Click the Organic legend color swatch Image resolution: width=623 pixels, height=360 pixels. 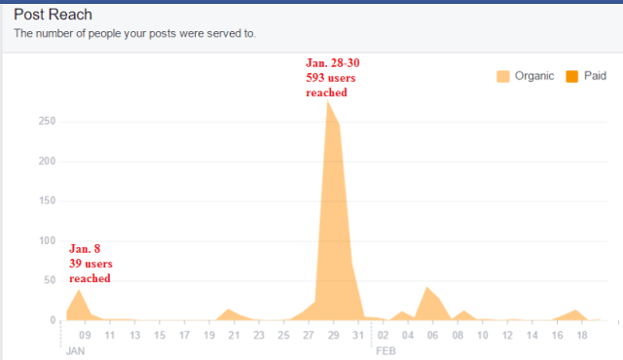(503, 77)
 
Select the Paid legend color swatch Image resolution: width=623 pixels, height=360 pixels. (571, 77)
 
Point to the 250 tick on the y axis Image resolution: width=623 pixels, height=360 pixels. (45, 122)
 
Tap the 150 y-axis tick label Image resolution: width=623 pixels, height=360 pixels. (45, 201)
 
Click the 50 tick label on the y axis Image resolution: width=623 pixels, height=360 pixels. (48, 281)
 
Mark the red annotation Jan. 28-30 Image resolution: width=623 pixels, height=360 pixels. (333, 63)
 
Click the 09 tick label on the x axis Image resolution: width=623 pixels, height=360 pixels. (85, 336)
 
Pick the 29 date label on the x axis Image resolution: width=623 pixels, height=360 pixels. (333, 336)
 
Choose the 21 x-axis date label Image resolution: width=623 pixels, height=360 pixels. (234, 336)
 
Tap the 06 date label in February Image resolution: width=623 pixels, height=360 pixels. (433, 336)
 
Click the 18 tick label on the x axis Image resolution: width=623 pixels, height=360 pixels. (582, 336)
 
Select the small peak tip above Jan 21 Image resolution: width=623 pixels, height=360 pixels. (228, 309)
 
